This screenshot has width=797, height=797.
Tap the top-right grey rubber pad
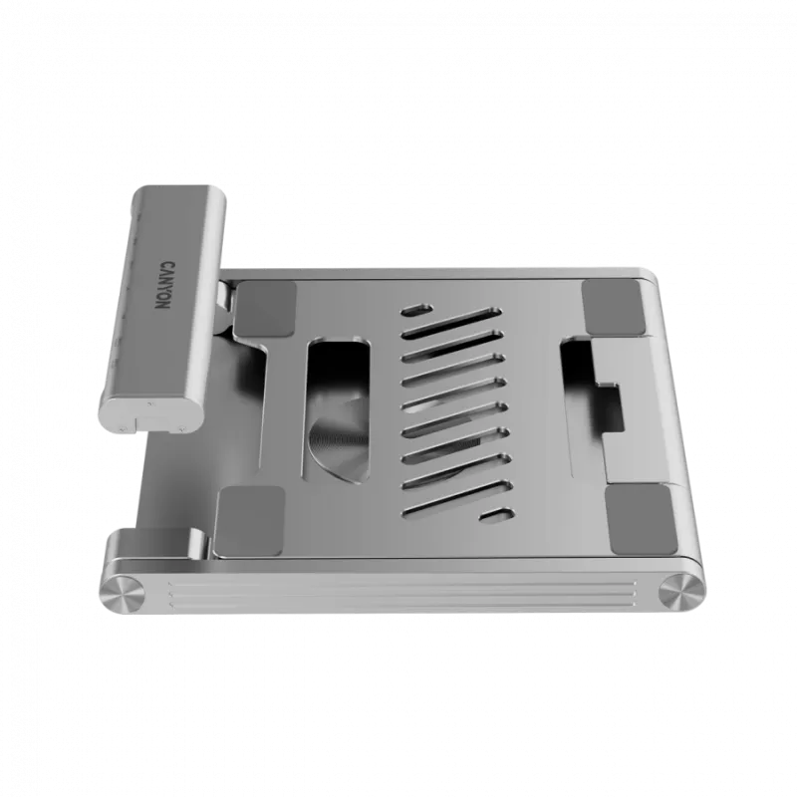click(616, 307)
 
